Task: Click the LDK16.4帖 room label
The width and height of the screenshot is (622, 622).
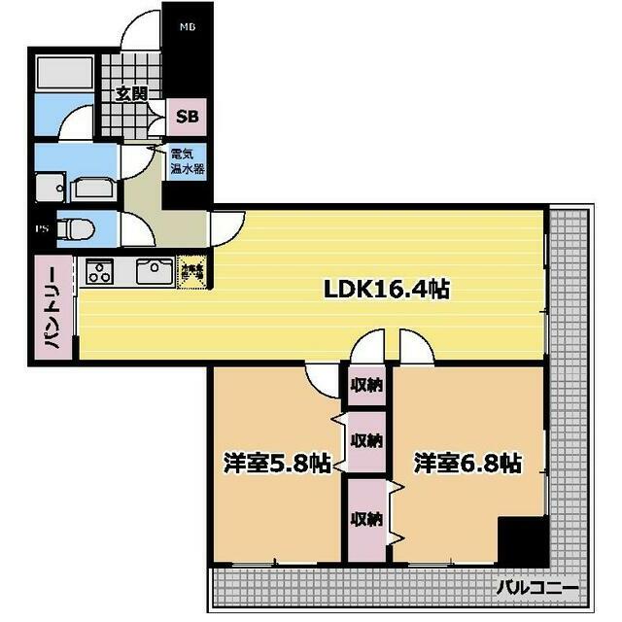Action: [386, 289]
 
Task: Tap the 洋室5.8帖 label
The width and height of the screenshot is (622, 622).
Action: [274, 463]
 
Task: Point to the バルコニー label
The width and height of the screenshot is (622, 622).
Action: [537, 587]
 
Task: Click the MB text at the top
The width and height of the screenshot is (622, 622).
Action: [187, 27]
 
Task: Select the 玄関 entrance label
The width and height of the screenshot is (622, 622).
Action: [130, 94]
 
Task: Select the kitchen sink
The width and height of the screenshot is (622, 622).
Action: [154, 271]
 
